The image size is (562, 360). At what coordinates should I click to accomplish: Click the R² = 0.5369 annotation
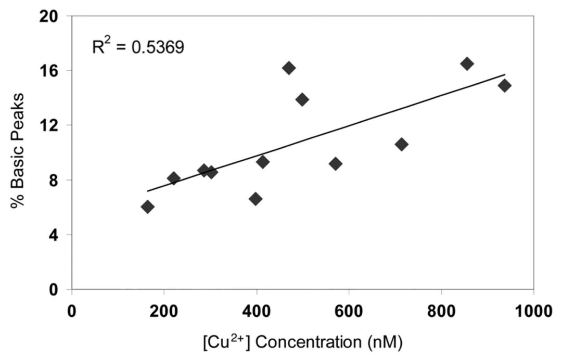(137, 47)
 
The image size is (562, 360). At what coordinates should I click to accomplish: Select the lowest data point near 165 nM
(147, 207)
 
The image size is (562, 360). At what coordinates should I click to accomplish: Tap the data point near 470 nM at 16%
(289, 68)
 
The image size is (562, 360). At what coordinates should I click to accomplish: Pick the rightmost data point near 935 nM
(504, 85)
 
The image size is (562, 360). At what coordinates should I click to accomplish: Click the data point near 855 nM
(467, 63)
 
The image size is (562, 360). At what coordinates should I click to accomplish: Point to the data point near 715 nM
(401, 144)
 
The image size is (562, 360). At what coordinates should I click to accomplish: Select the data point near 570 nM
(336, 164)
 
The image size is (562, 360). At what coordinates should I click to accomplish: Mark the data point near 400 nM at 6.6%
(256, 199)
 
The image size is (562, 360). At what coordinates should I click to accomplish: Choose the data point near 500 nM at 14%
(302, 99)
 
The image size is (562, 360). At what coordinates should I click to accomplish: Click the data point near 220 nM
(174, 178)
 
